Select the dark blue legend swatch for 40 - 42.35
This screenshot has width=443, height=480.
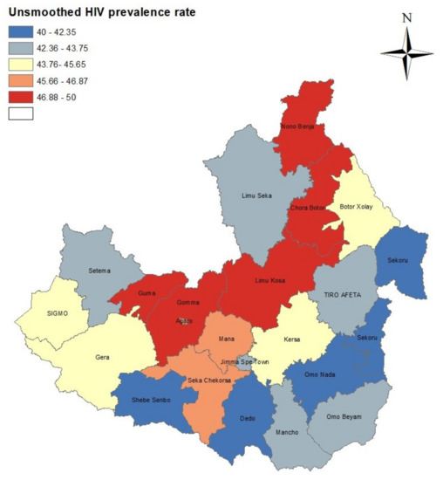pos(21,31)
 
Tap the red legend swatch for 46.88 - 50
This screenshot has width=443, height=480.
pos(21,97)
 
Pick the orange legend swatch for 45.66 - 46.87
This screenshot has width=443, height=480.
pos(21,80)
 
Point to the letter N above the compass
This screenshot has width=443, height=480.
pos(406,17)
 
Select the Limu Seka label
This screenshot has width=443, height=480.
pos(258,196)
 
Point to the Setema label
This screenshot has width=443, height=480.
pos(101,271)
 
